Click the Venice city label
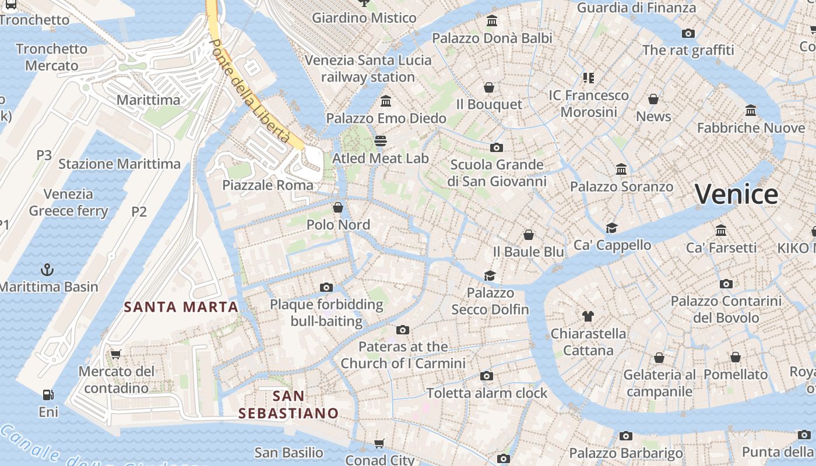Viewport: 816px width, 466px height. pyautogui.click(x=736, y=194)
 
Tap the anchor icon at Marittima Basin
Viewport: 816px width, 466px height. pyautogui.click(x=47, y=270)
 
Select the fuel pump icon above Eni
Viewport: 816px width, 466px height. pyautogui.click(x=48, y=395)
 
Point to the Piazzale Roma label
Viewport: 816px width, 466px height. pyautogui.click(x=268, y=185)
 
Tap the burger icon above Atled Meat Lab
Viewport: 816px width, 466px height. pyautogui.click(x=381, y=140)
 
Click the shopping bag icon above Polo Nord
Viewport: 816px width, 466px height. pyautogui.click(x=338, y=207)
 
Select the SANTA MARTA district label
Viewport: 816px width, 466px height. pyautogui.click(x=181, y=307)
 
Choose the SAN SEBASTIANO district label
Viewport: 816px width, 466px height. pyautogui.click(x=289, y=405)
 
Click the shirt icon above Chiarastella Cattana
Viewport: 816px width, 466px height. pyautogui.click(x=588, y=316)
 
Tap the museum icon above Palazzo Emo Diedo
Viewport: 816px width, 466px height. pyautogui.click(x=385, y=101)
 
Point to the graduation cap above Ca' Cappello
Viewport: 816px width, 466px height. pyautogui.click(x=611, y=228)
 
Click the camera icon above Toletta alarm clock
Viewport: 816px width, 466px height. pyautogui.click(x=487, y=376)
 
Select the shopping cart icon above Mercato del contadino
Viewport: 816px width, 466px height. pyautogui.click(x=116, y=354)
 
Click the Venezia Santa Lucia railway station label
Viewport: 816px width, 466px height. pyautogui.click(x=368, y=69)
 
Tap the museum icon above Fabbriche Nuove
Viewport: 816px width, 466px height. pyautogui.click(x=751, y=110)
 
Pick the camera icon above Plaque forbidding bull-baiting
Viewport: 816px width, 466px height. pyautogui.click(x=326, y=287)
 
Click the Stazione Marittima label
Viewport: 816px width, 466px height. pyautogui.click(x=119, y=164)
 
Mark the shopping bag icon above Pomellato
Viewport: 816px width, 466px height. pyautogui.click(x=736, y=357)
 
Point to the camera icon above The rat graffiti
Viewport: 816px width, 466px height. pyautogui.click(x=688, y=33)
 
